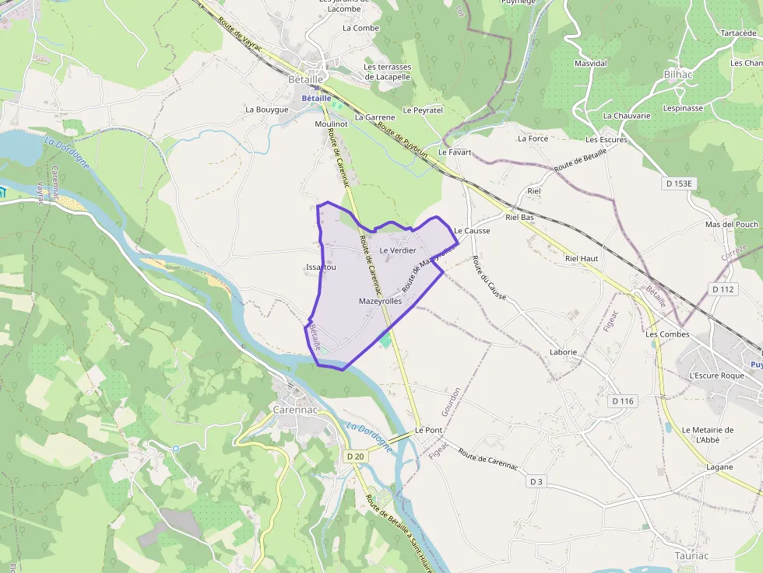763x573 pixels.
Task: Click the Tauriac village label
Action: [692, 556]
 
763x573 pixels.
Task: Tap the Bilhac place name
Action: [678, 74]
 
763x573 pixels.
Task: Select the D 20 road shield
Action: [354, 456]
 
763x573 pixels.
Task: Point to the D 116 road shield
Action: [623, 401]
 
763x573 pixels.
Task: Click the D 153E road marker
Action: [679, 183]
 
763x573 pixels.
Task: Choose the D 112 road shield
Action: [723, 289]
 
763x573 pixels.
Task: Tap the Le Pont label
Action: [428, 430]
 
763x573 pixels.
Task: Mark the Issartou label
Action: [321, 267]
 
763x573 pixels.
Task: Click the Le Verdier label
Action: [398, 250]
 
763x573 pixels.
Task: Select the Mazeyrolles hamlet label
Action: [380, 301]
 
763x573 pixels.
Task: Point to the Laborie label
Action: [563, 352]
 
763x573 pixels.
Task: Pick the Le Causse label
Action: [472, 231]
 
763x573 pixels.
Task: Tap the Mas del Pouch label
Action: [731, 225]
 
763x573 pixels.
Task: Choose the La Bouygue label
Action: [267, 110]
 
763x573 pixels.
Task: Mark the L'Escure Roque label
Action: [716, 376]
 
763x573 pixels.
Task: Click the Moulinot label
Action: [331, 124]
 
